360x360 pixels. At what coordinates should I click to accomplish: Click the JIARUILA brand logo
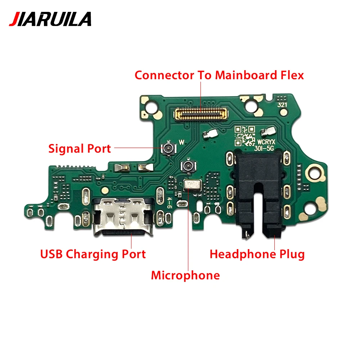tap(50, 19)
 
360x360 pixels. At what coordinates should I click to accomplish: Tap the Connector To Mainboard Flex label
tap(219, 75)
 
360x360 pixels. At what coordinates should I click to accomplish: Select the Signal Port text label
tap(80, 149)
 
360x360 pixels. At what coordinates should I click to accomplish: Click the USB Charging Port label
tap(93, 254)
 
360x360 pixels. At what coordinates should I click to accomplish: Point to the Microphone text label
tap(185, 275)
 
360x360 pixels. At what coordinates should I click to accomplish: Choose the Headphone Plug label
tap(257, 254)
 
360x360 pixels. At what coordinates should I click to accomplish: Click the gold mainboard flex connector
tap(201, 114)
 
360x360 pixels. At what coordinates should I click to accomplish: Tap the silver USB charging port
tap(123, 216)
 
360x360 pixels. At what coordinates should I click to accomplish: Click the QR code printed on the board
tap(244, 136)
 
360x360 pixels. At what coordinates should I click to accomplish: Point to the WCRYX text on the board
tap(266, 141)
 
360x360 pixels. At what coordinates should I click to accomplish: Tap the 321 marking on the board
tap(282, 105)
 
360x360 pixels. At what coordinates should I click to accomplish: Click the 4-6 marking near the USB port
tap(169, 203)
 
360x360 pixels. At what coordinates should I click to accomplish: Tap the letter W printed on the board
tap(181, 142)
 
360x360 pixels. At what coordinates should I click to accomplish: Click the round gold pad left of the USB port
tap(105, 190)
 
